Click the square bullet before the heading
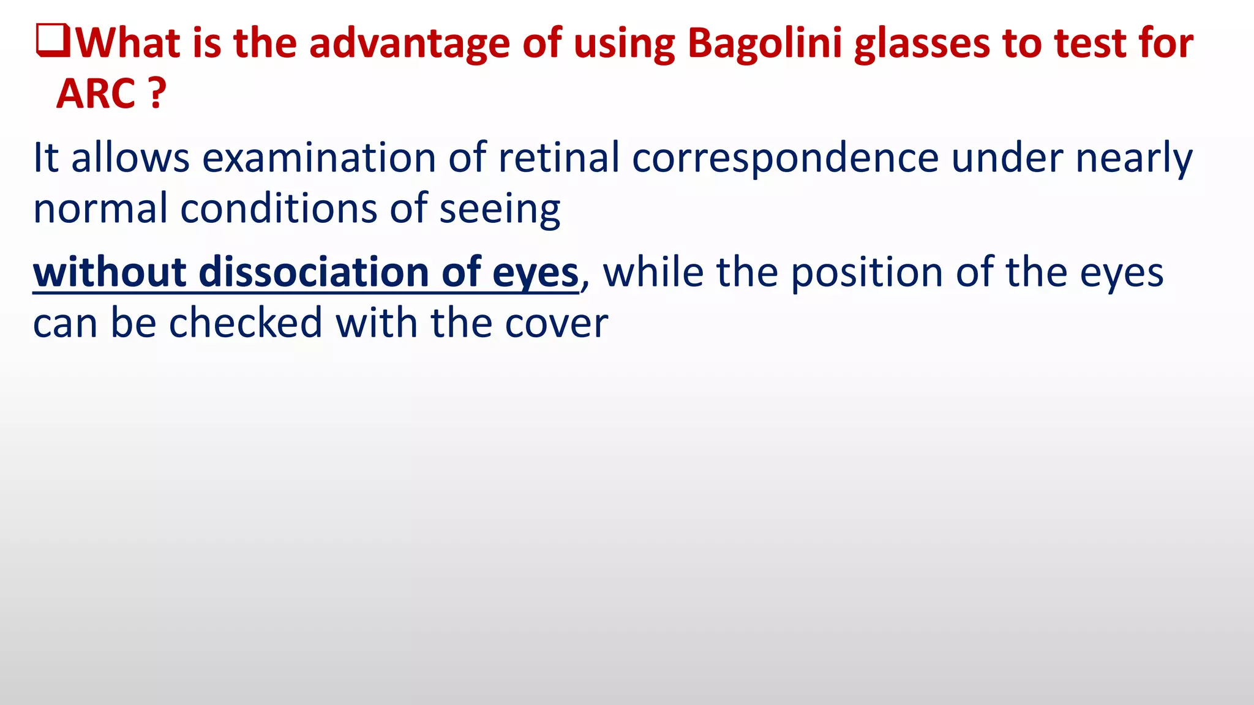coord(53,41)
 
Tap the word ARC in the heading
coord(96,95)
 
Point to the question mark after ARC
coord(157,94)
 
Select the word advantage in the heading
coord(409,44)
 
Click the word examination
coord(319,158)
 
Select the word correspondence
coord(785,158)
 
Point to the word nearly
coord(1134,158)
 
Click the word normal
coord(100,209)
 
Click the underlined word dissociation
coord(313,272)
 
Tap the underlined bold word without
coord(110,272)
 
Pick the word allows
coord(130,158)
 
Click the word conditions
coord(279,209)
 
